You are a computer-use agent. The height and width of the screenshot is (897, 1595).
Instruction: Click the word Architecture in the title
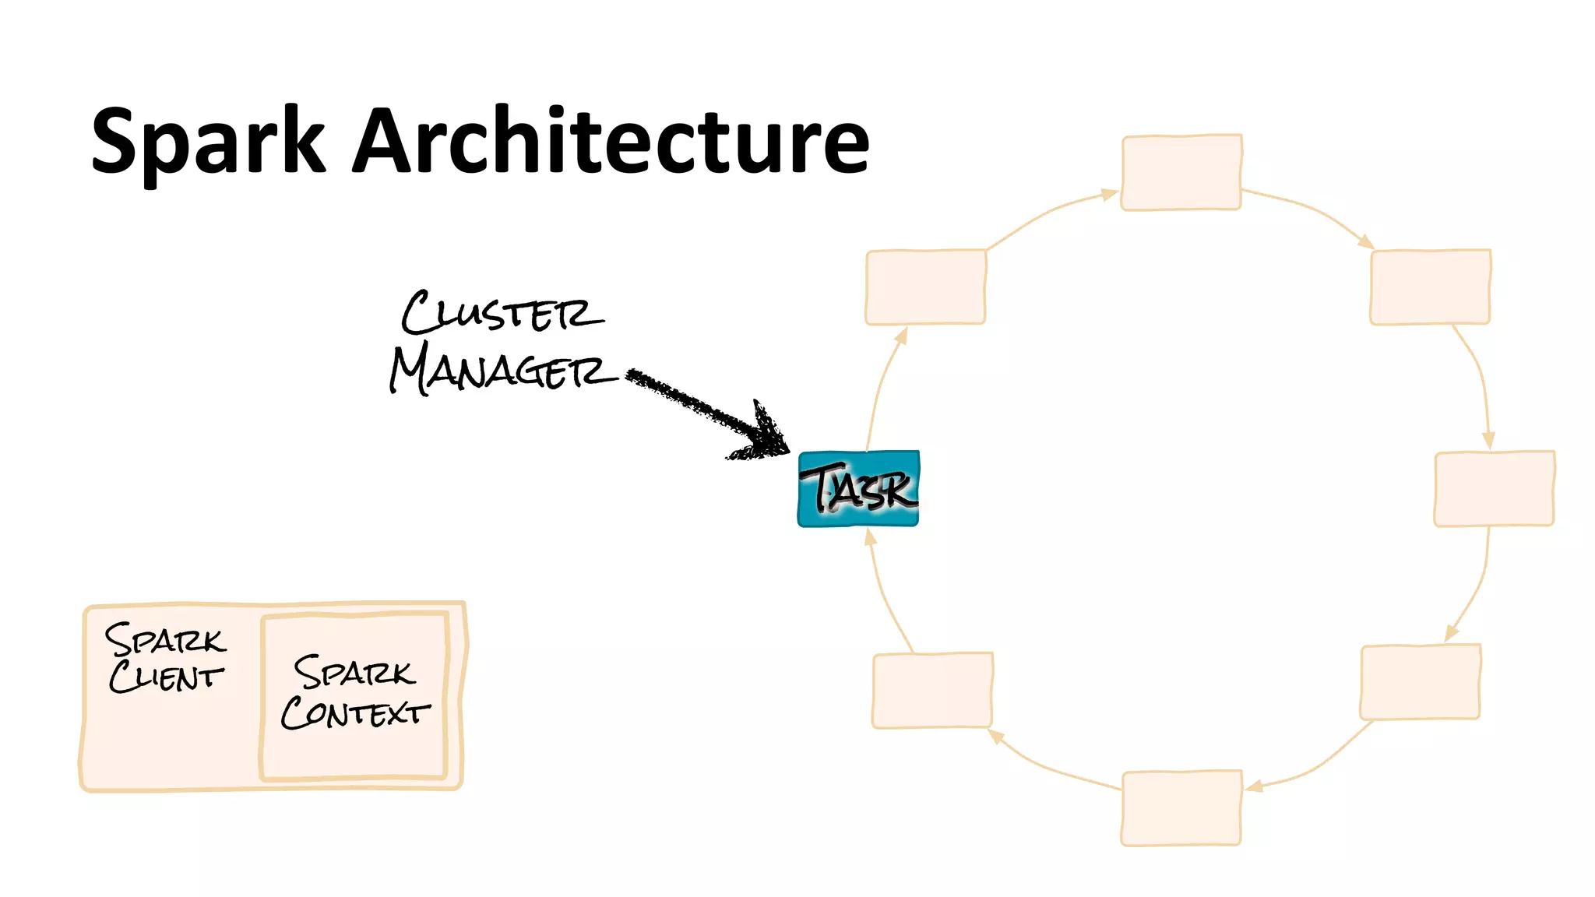(x=611, y=142)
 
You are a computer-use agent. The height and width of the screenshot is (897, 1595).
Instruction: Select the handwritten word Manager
(x=502, y=369)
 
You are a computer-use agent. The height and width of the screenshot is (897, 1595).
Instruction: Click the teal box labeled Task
(x=858, y=489)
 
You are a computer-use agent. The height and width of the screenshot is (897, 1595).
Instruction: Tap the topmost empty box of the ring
(x=1181, y=172)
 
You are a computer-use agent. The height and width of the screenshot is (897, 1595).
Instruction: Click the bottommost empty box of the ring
(x=1181, y=807)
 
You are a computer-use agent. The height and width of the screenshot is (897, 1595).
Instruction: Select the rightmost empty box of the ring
(x=1494, y=488)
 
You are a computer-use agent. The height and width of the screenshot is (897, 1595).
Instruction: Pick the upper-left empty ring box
(x=925, y=287)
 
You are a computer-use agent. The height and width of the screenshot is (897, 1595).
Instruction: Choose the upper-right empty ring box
(x=1430, y=287)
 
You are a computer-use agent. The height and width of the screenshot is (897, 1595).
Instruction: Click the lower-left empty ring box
(x=932, y=691)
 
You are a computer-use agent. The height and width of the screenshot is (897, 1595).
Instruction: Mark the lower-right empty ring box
(x=1420, y=682)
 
